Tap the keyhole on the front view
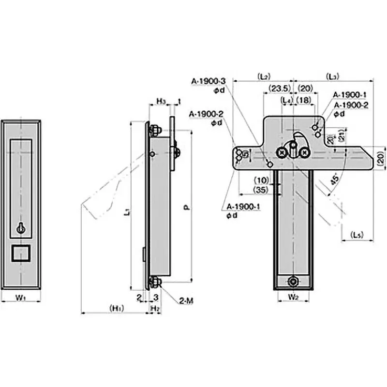pos(20,228)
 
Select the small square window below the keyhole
pos(20,253)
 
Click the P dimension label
pos(187,207)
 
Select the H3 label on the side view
pos(161,101)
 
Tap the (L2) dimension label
pos(264,76)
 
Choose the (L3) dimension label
pos(332,76)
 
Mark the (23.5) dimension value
pos(277,88)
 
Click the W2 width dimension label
pos(294,297)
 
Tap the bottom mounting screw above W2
pos(293,282)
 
